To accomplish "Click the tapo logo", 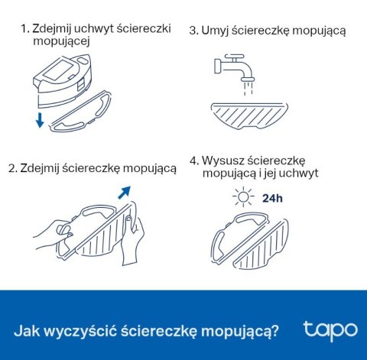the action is tap(330, 331).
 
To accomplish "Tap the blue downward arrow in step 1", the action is tap(40, 120).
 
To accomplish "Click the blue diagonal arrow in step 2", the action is tap(125, 193).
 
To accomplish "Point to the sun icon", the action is tap(243, 196).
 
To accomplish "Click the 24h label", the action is tap(272, 198).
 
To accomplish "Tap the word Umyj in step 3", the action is tap(216, 31).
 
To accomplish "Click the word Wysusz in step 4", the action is tap(222, 161).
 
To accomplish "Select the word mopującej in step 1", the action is tap(61, 41).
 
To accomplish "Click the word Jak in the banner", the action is tap(27, 331).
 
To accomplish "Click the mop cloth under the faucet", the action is tap(249, 116).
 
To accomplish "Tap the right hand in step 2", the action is tap(132, 236).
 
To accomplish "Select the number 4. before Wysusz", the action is tap(194, 161).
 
